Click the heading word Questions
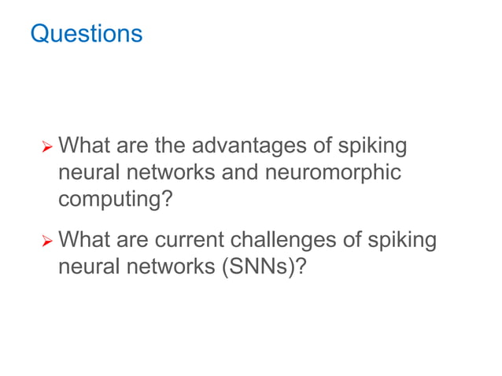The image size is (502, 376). (86, 34)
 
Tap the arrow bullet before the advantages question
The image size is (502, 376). (47, 147)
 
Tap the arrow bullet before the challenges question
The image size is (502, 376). (47, 241)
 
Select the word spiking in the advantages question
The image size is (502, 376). (376, 146)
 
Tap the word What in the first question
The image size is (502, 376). (84, 146)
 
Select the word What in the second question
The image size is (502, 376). (84, 240)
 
